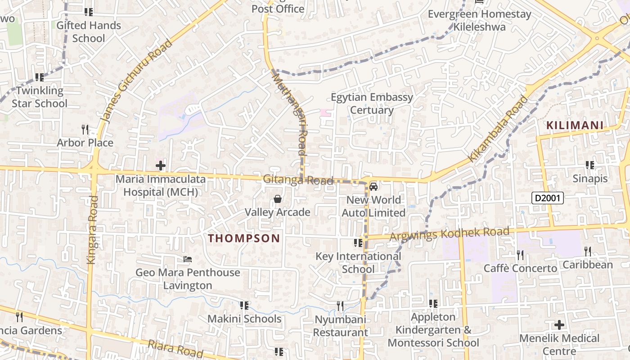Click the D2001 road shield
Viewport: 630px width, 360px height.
click(x=547, y=198)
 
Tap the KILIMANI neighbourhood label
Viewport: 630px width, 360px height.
click(x=575, y=126)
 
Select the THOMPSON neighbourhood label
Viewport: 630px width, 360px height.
click(x=244, y=238)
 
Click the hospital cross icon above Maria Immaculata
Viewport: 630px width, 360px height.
click(x=161, y=166)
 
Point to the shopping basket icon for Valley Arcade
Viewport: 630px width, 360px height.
click(x=278, y=199)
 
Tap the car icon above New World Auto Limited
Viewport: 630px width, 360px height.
click(x=373, y=186)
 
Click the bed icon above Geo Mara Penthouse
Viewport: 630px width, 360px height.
click(x=188, y=259)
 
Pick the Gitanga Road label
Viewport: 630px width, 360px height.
click(x=298, y=180)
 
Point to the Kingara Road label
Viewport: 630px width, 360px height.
click(x=92, y=229)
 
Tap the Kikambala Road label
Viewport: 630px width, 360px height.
click(x=498, y=129)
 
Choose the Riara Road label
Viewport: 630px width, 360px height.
click(x=175, y=349)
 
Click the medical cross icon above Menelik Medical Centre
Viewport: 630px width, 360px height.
click(x=559, y=324)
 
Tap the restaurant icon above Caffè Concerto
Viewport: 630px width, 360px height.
click(x=520, y=255)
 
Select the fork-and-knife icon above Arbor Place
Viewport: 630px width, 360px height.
click(x=85, y=130)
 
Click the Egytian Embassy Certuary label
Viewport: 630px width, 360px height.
click(x=372, y=103)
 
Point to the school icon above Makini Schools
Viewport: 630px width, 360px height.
click(x=244, y=306)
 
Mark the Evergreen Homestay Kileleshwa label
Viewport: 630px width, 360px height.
click(x=479, y=20)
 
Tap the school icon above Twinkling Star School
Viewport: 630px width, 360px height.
click(x=40, y=77)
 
